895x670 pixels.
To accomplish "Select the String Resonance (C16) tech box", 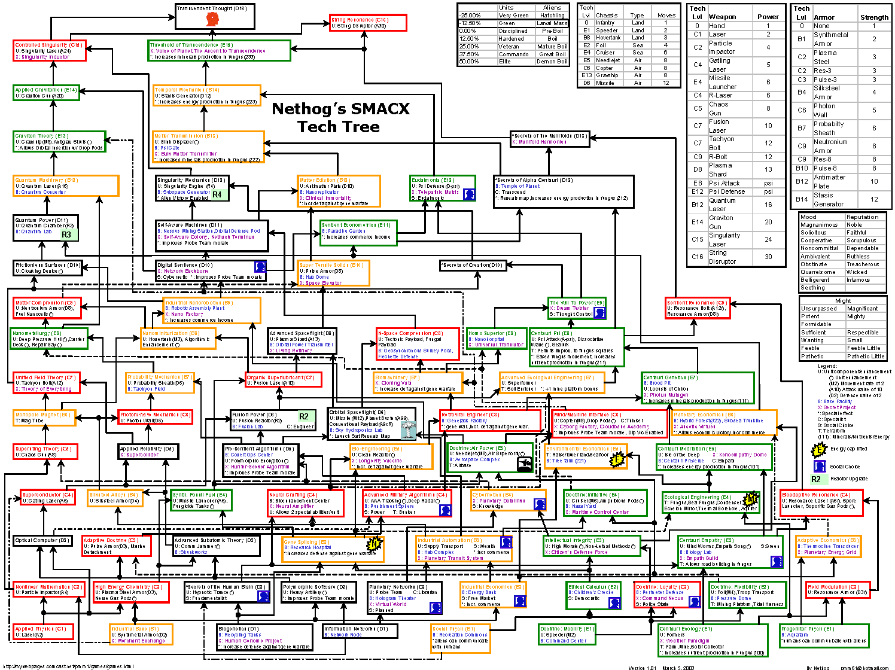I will tap(367, 23).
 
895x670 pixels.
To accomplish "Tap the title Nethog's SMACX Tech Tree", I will tap(340, 117).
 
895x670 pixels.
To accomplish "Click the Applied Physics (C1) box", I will tap(44, 632).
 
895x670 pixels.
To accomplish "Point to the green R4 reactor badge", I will tap(217, 194).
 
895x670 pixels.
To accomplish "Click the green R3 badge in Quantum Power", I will tap(66, 234).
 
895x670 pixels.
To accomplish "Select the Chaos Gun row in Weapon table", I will tap(736, 108).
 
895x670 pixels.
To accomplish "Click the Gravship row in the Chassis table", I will tap(628, 75).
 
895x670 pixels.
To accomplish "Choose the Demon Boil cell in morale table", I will tap(552, 62).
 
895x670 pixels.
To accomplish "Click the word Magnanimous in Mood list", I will tap(819, 225).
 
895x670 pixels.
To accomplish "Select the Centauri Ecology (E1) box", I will tap(713, 640).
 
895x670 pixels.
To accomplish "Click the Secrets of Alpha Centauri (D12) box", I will tap(563, 191).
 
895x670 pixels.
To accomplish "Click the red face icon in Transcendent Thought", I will tap(211, 19).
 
